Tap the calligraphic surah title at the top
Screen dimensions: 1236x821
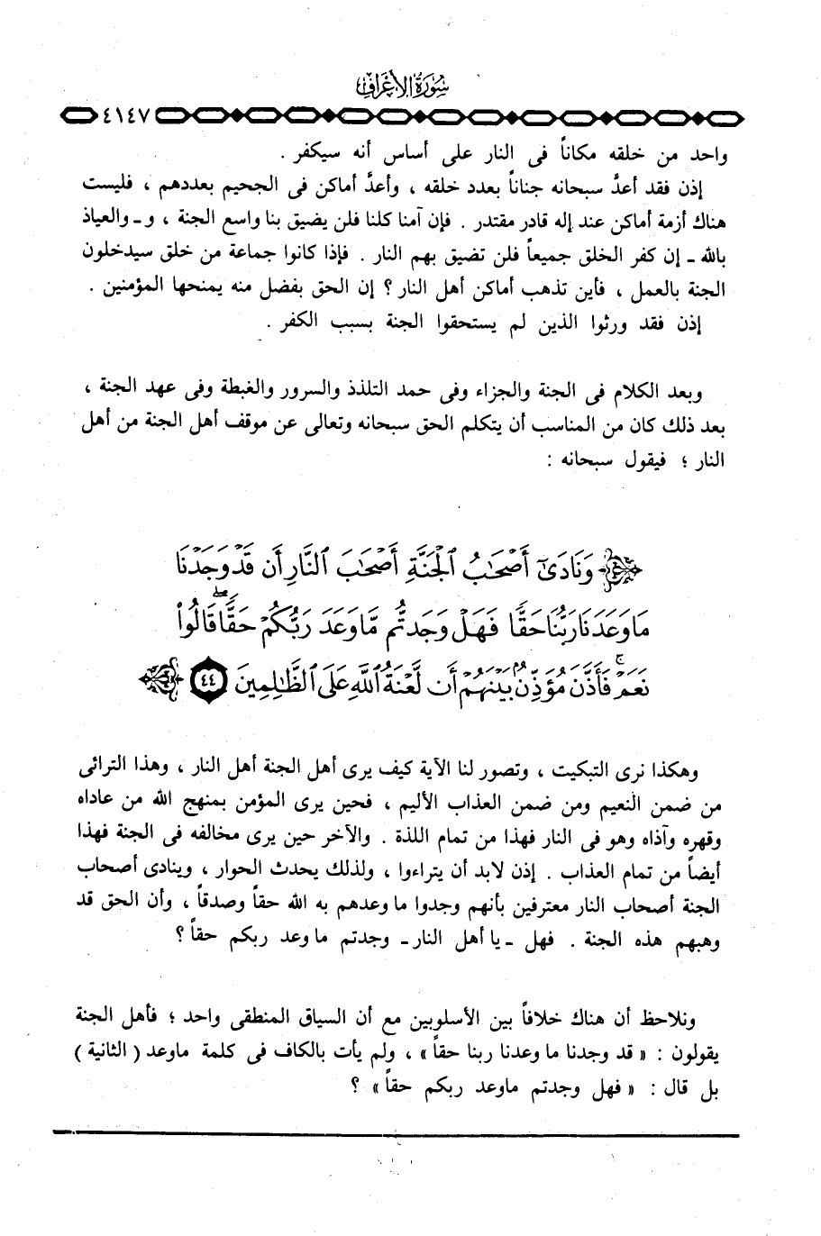(x=410, y=87)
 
